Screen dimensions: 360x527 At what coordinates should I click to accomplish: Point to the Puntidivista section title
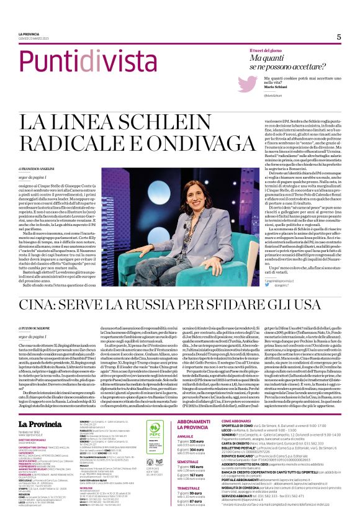tap(71, 62)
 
